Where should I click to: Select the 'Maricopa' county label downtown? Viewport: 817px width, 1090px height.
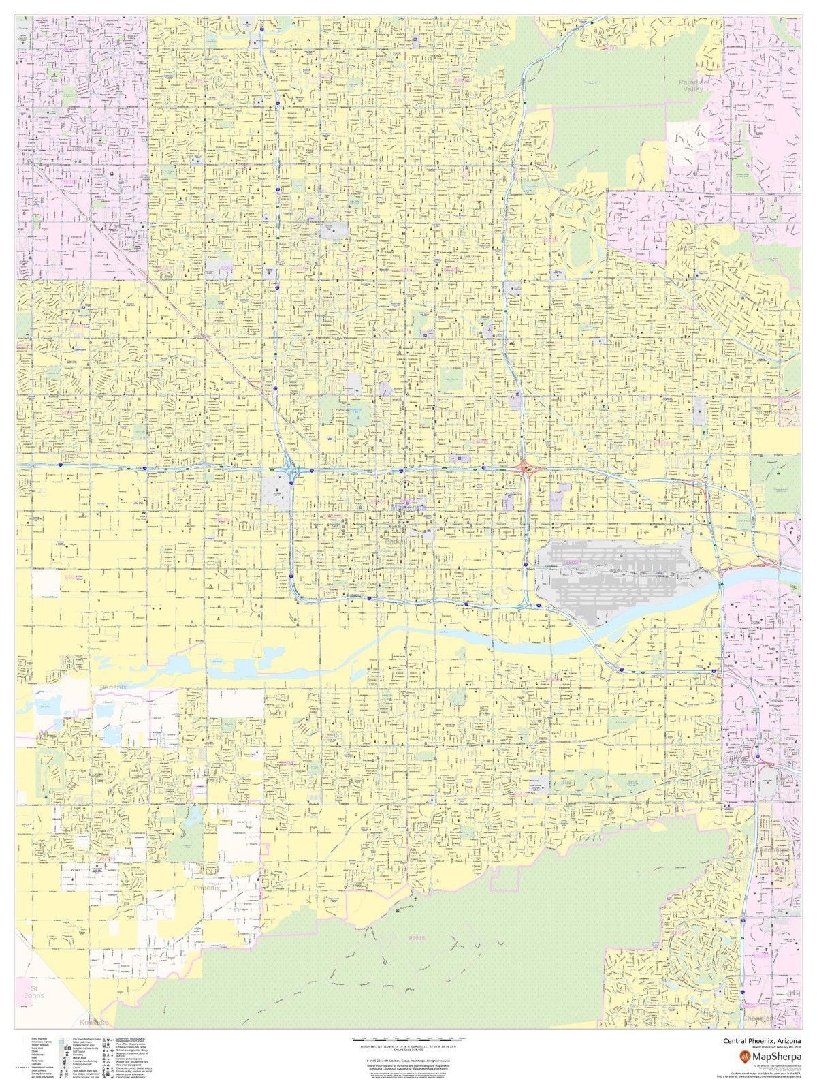tap(408, 508)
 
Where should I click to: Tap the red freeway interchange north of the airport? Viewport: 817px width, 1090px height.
tap(524, 467)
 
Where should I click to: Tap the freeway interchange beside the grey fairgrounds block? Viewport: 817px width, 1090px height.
tap(291, 470)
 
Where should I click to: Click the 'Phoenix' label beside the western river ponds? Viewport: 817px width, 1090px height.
tap(113, 687)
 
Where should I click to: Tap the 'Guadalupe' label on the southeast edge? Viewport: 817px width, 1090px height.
tap(773, 852)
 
